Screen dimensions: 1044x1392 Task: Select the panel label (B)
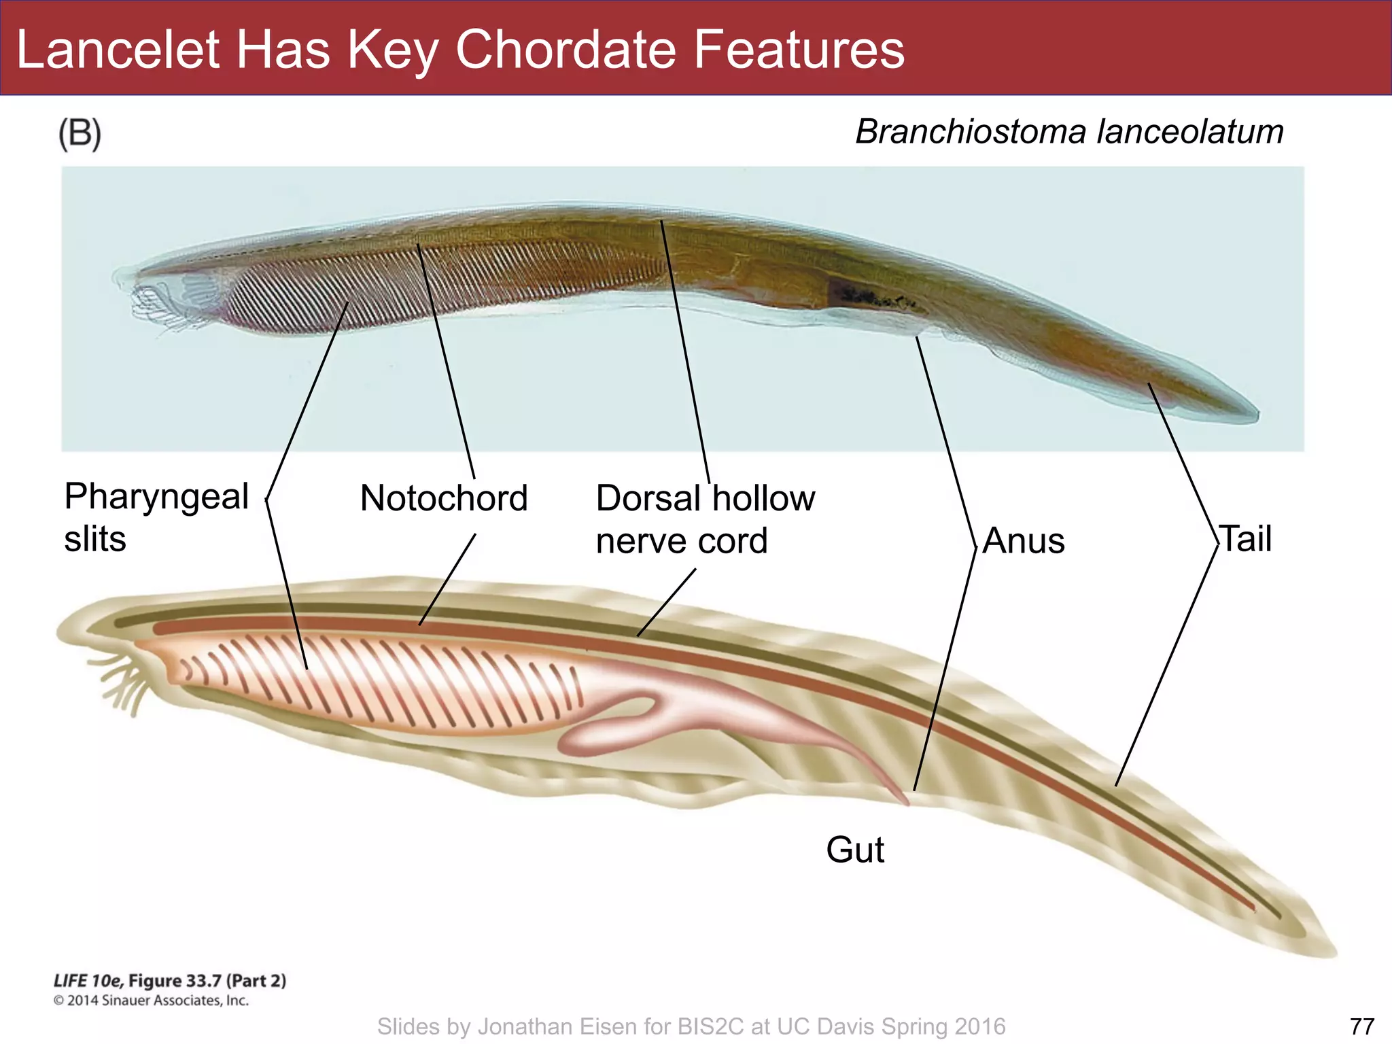coord(80,133)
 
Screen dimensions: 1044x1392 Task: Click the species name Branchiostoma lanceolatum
coord(1068,132)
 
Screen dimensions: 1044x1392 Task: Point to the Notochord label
coord(443,498)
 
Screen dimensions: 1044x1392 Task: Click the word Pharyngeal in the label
coord(156,496)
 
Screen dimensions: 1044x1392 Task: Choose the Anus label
coord(1023,541)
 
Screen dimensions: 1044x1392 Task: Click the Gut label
coord(854,850)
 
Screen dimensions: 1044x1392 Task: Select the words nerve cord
coord(681,541)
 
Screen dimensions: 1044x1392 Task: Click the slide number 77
coord(1361,1026)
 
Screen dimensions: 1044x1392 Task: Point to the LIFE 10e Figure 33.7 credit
coord(170,981)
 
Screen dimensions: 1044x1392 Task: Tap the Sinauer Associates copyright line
coord(151,1000)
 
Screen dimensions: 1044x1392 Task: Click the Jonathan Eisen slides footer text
coord(691,1026)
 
